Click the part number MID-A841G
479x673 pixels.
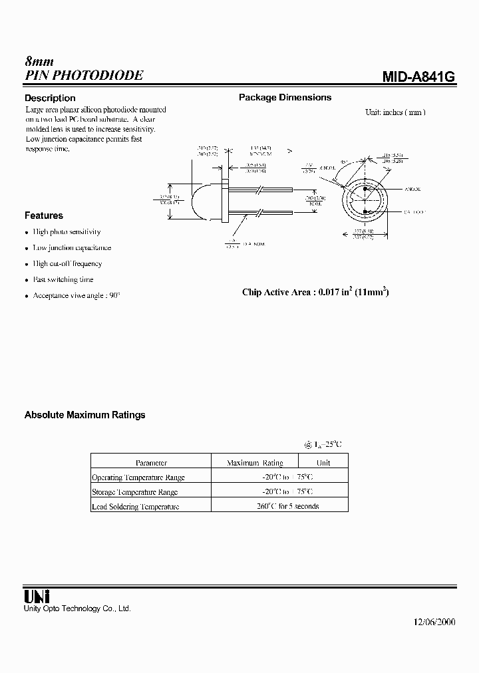pyautogui.click(x=418, y=76)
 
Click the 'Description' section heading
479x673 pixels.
pyautogui.click(x=50, y=98)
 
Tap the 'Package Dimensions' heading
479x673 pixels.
pyautogui.click(x=285, y=97)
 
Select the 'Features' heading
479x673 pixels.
pyautogui.click(x=44, y=215)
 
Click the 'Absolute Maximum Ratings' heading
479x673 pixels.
pyautogui.click(x=84, y=415)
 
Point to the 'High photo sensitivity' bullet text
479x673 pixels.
pyautogui.click(x=67, y=232)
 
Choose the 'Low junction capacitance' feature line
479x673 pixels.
pyautogui.click(x=72, y=248)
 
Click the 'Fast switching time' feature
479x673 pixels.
pyautogui.click(x=63, y=280)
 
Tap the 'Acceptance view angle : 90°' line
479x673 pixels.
pyautogui.click(x=77, y=296)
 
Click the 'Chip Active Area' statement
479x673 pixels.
pyautogui.click(x=315, y=292)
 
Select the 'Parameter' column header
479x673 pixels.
pyautogui.click(x=151, y=463)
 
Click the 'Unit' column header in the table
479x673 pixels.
pyautogui.click(x=323, y=463)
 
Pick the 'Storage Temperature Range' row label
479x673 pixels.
pyautogui.click(x=134, y=492)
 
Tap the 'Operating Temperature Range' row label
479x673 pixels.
pyautogui.click(x=138, y=477)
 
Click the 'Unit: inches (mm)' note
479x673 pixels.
pyautogui.click(x=395, y=112)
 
